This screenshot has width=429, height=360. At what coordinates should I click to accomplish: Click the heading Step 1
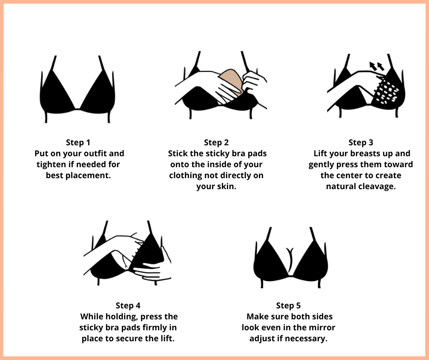tap(78, 143)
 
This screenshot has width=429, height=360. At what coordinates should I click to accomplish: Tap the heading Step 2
tap(216, 143)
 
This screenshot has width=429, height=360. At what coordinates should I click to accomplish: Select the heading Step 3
tap(361, 143)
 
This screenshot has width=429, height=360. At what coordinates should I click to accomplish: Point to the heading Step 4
tap(128, 306)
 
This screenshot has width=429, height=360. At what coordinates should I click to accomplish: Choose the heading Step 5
tap(288, 306)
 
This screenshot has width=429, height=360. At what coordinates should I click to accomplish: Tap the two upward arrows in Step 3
tap(377, 66)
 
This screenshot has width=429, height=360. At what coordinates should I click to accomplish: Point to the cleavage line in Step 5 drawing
tap(290, 260)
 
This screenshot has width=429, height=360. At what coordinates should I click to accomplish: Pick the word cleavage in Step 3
tap(379, 187)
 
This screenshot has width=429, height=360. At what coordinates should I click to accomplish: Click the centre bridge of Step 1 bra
tap(78, 109)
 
